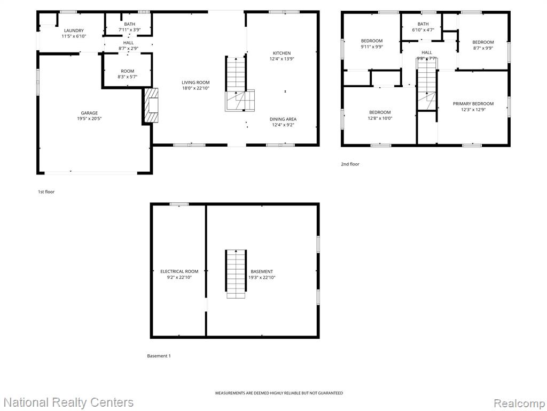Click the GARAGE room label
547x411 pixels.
(x=89, y=113)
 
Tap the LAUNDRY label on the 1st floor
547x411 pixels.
(x=74, y=31)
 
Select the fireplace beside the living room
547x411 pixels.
(x=151, y=105)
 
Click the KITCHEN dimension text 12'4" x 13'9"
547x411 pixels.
(x=282, y=59)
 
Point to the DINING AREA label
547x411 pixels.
(x=283, y=119)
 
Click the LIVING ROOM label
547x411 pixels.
(x=196, y=82)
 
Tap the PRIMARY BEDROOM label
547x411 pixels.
(x=473, y=103)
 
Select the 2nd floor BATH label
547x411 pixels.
(x=423, y=24)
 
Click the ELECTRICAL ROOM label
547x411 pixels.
(x=179, y=271)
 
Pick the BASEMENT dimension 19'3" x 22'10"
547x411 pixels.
(x=262, y=278)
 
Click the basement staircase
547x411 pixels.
(x=236, y=274)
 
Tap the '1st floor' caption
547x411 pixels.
(x=46, y=192)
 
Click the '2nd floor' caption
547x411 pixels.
(x=350, y=164)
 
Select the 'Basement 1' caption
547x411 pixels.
(x=159, y=356)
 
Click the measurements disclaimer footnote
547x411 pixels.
(x=279, y=393)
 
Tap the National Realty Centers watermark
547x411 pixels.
(x=68, y=402)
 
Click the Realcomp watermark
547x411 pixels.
(x=519, y=403)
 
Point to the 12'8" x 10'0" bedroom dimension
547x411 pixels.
(x=380, y=118)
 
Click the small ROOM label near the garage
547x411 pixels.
(x=127, y=71)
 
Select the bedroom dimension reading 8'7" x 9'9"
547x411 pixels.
(x=483, y=48)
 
